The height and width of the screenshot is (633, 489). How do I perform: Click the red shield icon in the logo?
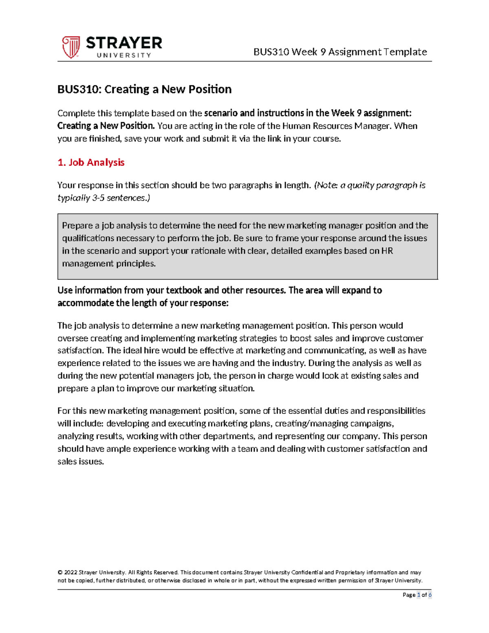point(71,47)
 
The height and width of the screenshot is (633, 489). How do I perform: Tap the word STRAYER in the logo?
point(124,43)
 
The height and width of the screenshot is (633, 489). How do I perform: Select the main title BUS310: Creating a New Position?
point(144,89)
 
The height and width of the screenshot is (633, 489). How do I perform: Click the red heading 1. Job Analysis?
point(91,162)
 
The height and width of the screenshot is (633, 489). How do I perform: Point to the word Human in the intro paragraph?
point(296,126)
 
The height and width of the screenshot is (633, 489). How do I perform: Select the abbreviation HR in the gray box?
point(387,251)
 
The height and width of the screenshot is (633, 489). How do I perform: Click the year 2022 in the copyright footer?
point(70,572)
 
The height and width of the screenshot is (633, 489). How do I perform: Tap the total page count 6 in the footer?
point(430,595)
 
